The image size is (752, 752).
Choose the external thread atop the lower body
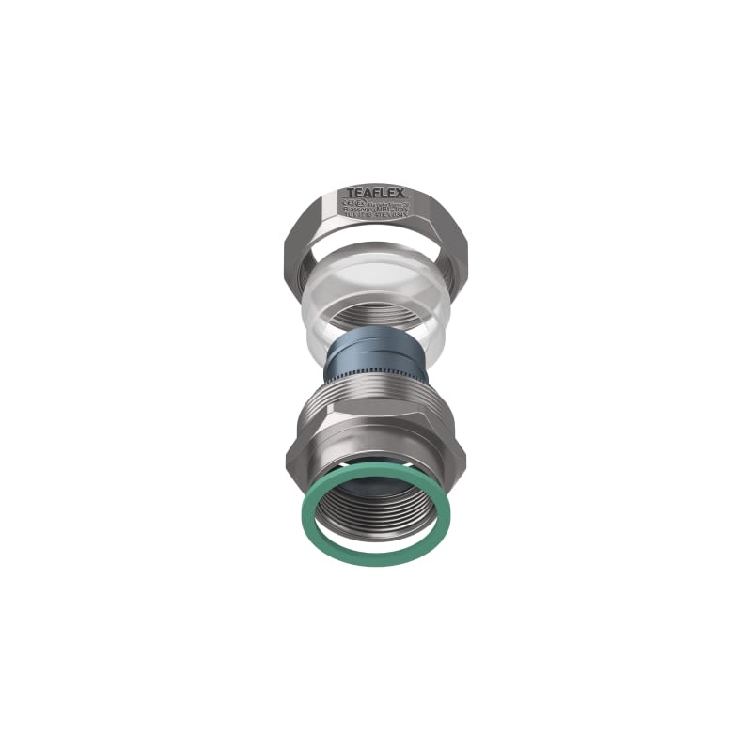click(x=376, y=399)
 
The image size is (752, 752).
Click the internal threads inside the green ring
click(x=376, y=512)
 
